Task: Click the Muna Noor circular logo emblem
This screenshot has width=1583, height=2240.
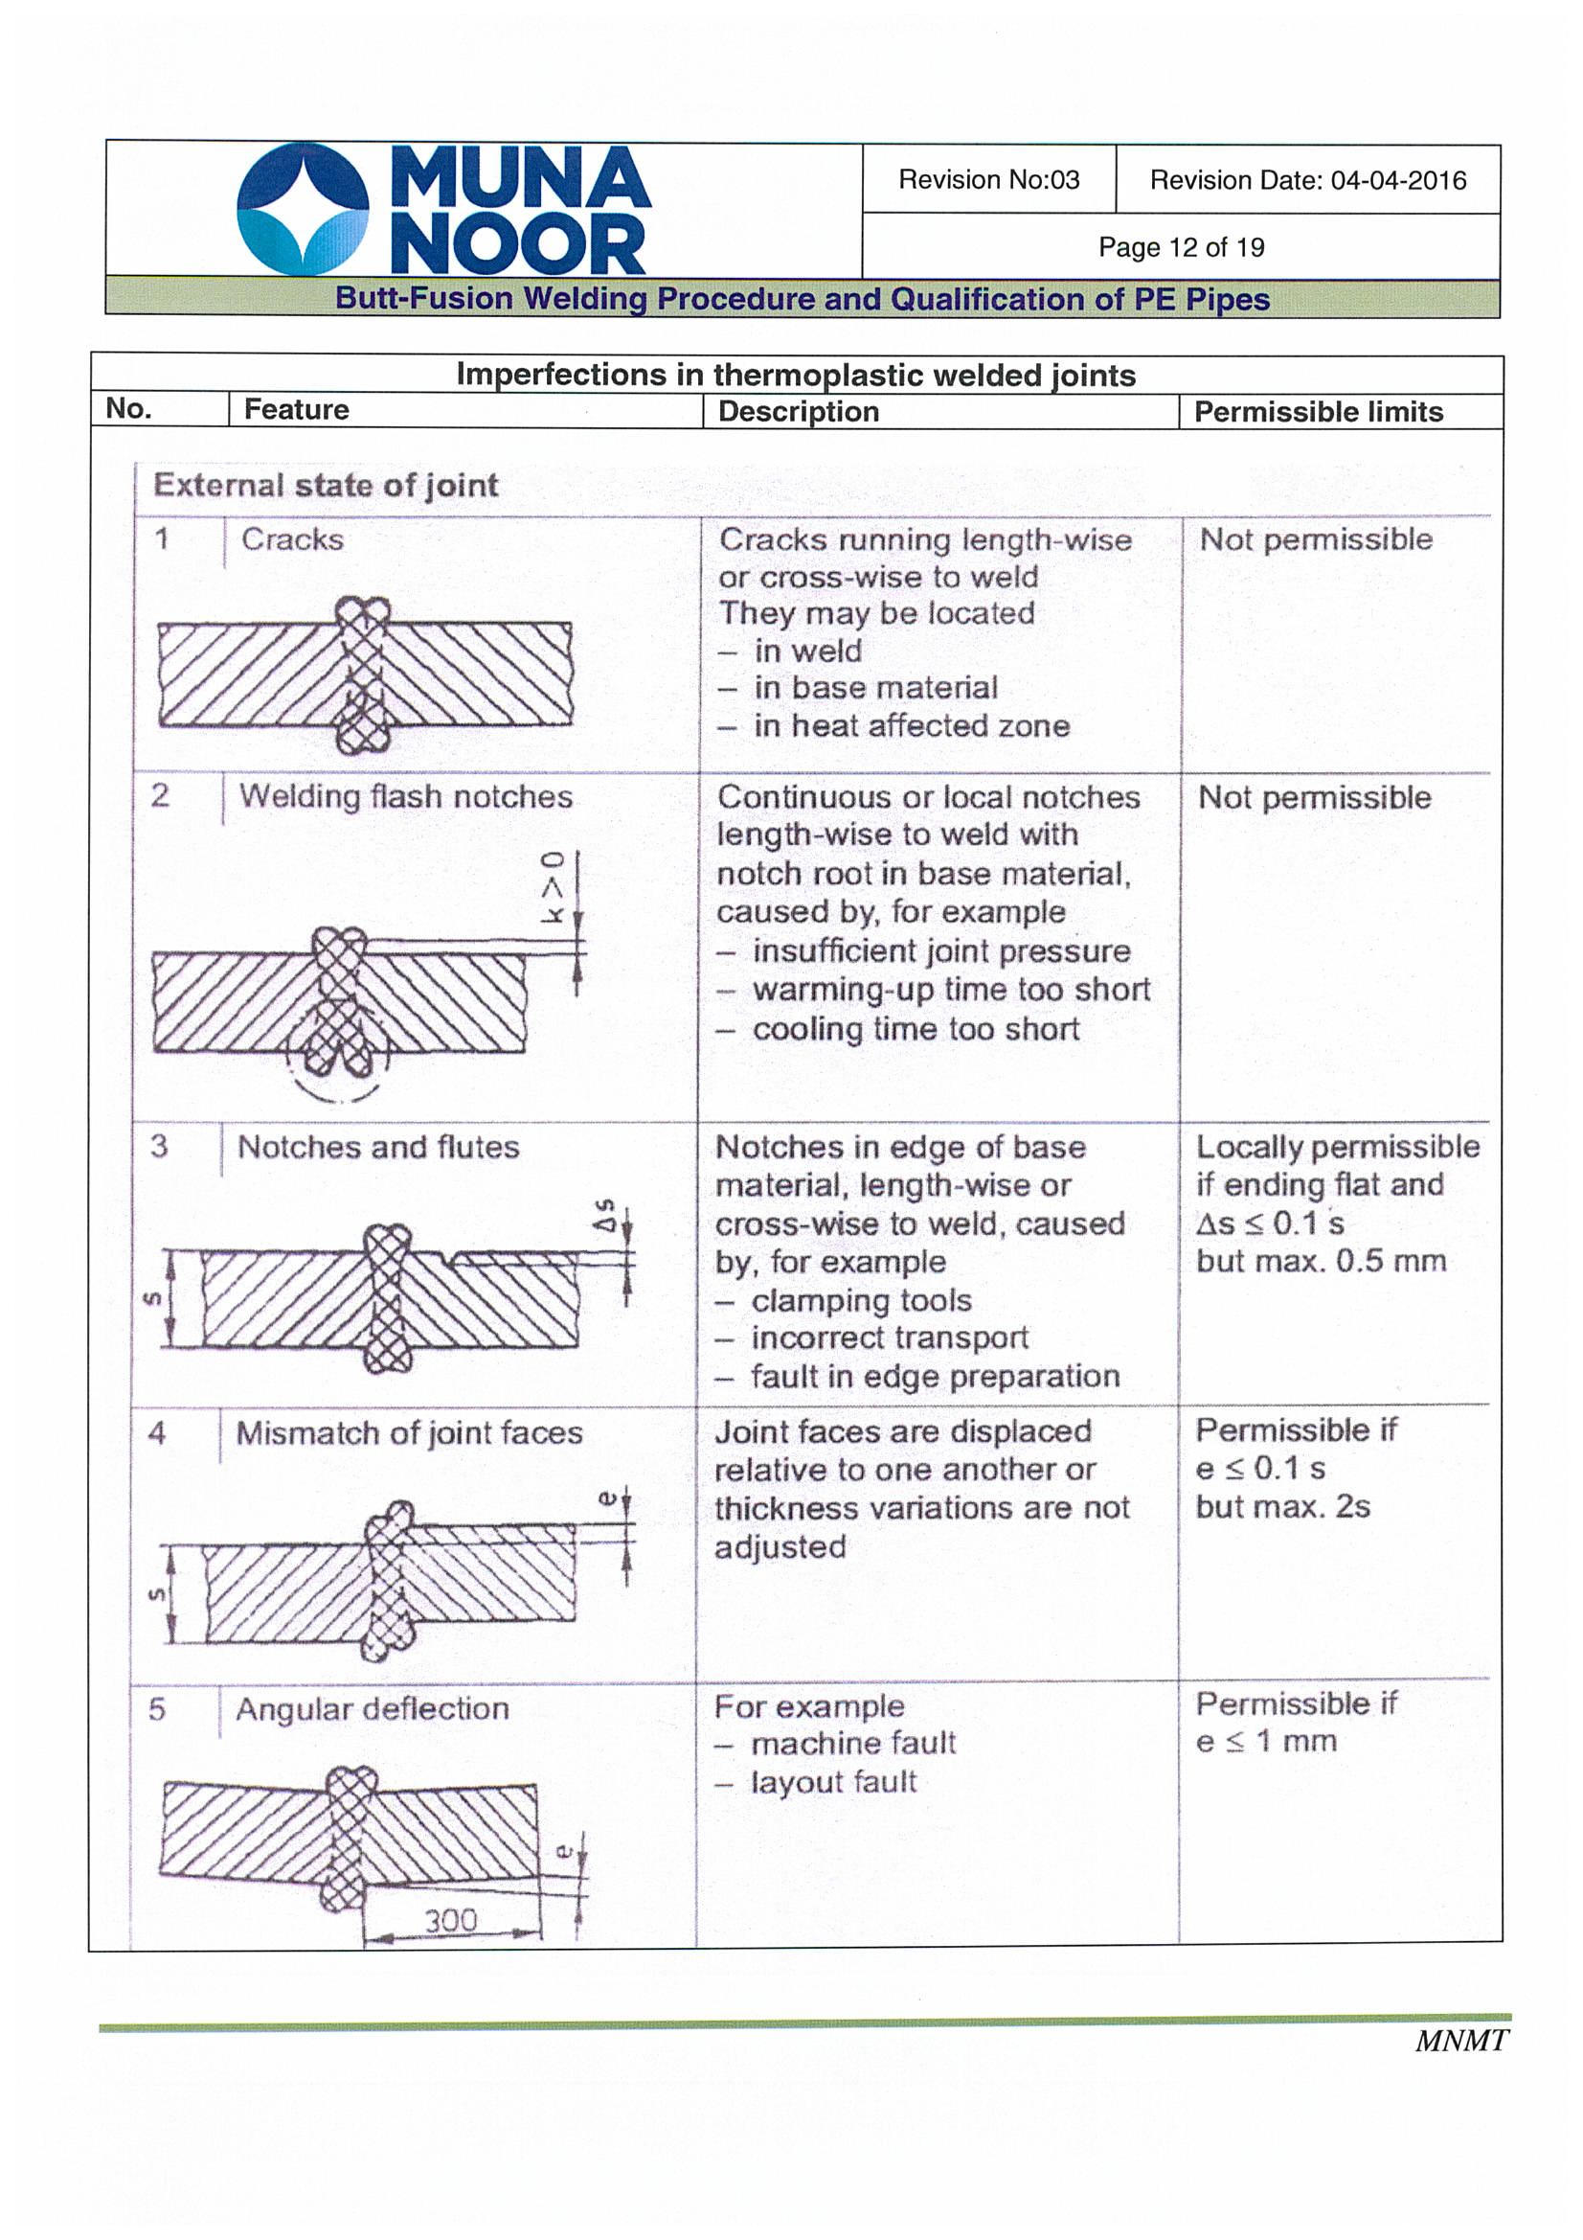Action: coord(303,208)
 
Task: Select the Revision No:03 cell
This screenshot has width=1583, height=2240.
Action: coord(988,179)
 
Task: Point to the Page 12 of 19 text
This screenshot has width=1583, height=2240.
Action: coord(1180,247)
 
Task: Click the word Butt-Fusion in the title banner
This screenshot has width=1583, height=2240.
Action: coord(423,299)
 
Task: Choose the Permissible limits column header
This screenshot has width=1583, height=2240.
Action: coord(1318,412)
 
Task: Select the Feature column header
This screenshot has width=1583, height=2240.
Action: coord(296,410)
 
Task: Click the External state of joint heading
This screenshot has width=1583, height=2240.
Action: coord(326,485)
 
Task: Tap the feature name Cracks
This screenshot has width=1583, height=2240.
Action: coord(293,539)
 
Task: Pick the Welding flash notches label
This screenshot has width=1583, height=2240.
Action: coord(406,796)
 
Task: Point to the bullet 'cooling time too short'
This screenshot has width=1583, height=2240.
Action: coord(915,1029)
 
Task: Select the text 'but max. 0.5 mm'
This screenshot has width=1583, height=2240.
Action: coord(1321,1261)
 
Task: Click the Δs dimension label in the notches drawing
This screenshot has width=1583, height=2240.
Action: coord(605,1215)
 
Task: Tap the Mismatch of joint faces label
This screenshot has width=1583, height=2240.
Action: coord(410,1432)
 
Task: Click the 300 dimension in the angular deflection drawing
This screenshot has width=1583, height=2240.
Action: coord(451,1920)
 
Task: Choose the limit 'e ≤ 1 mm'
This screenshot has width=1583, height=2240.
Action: coord(1266,1741)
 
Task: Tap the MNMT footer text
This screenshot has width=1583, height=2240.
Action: coord(1460,2040)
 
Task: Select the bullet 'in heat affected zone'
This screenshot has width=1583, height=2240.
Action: coord(911,726)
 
